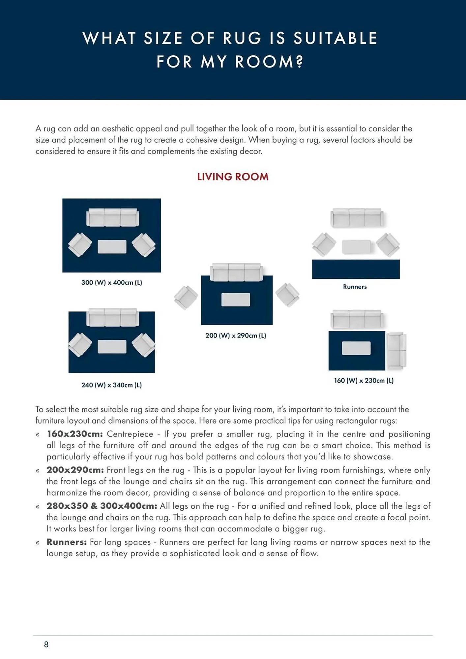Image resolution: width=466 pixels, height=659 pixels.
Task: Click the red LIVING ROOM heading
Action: pos(233,177)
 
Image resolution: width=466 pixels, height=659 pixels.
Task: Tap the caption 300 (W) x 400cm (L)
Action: pos(112,282)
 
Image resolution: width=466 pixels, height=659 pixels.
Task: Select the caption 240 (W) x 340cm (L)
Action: pos(112,385)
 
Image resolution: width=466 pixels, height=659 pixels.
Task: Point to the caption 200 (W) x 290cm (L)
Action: pos(236,335)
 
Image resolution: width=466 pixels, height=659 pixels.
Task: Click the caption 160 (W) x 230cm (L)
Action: pos(364,381)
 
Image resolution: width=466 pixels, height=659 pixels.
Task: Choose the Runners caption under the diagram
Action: pos(355,287)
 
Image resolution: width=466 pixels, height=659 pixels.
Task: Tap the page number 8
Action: pos(46,645)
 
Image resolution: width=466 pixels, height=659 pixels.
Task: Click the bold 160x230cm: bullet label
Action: pos(75,434)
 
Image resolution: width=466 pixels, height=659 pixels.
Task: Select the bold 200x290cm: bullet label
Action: pos(75,470)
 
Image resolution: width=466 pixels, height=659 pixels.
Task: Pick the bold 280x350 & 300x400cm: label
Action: pos(102,506)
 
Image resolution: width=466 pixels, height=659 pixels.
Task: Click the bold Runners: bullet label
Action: pos(67,542)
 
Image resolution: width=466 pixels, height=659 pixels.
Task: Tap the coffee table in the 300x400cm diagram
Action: pos(112,247)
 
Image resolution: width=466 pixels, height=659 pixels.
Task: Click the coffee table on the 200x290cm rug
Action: pos(236,300)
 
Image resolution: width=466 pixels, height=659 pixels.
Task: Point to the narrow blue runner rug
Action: pos(356,269)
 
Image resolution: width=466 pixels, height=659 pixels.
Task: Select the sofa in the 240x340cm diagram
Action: pos(113,317)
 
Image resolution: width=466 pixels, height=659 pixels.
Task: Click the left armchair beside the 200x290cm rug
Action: pos(186,297)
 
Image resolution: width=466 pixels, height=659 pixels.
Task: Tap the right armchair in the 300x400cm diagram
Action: pos(144,245)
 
